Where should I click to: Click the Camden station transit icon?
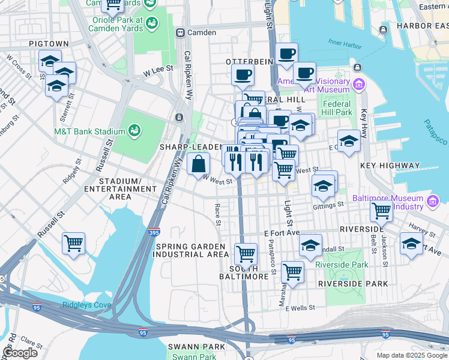(x=179, y=32)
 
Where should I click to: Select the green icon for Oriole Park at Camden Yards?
(x=151, y=23)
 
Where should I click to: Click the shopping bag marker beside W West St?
(x=198, y=164)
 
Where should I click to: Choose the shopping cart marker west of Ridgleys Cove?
(x=74, y=244)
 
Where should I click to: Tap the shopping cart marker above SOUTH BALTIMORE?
(x=246, y=253)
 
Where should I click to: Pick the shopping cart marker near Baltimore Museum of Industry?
(x=381, y=211)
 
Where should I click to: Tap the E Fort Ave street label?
(x=282, y=233)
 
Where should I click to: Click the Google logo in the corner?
(x=19, y=352)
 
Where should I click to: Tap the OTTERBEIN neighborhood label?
(x=246, y=62)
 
